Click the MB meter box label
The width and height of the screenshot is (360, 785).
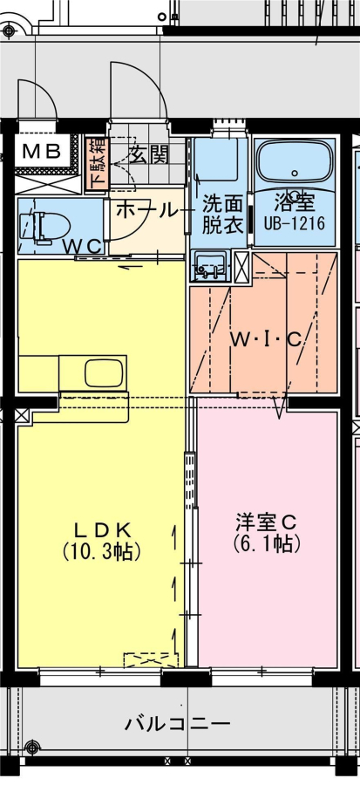[42, 150]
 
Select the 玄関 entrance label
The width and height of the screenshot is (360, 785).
[148, 156]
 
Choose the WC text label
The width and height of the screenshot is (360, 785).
[84, 245]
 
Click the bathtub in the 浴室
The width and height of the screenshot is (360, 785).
[295, 162]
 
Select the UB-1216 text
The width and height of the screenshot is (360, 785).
[295, 222]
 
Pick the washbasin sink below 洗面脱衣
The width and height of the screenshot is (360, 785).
[210, 266]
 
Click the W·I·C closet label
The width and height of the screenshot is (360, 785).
[266, 340]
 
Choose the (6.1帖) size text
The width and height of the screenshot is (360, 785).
[267, 543]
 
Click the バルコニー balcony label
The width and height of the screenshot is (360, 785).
[178, 723]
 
